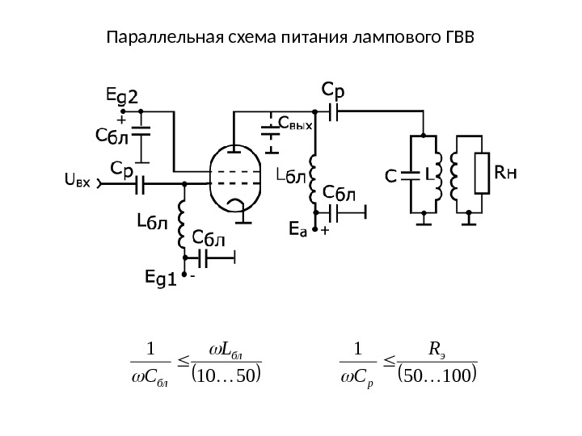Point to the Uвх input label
pyautogui.click(x=78, y=183)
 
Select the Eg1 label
pyautogui.click(x=159, y=277)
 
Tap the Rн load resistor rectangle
pyautogui.click(x=483, y=174)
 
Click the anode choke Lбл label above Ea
pyautogui.click(x=292, y=174)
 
